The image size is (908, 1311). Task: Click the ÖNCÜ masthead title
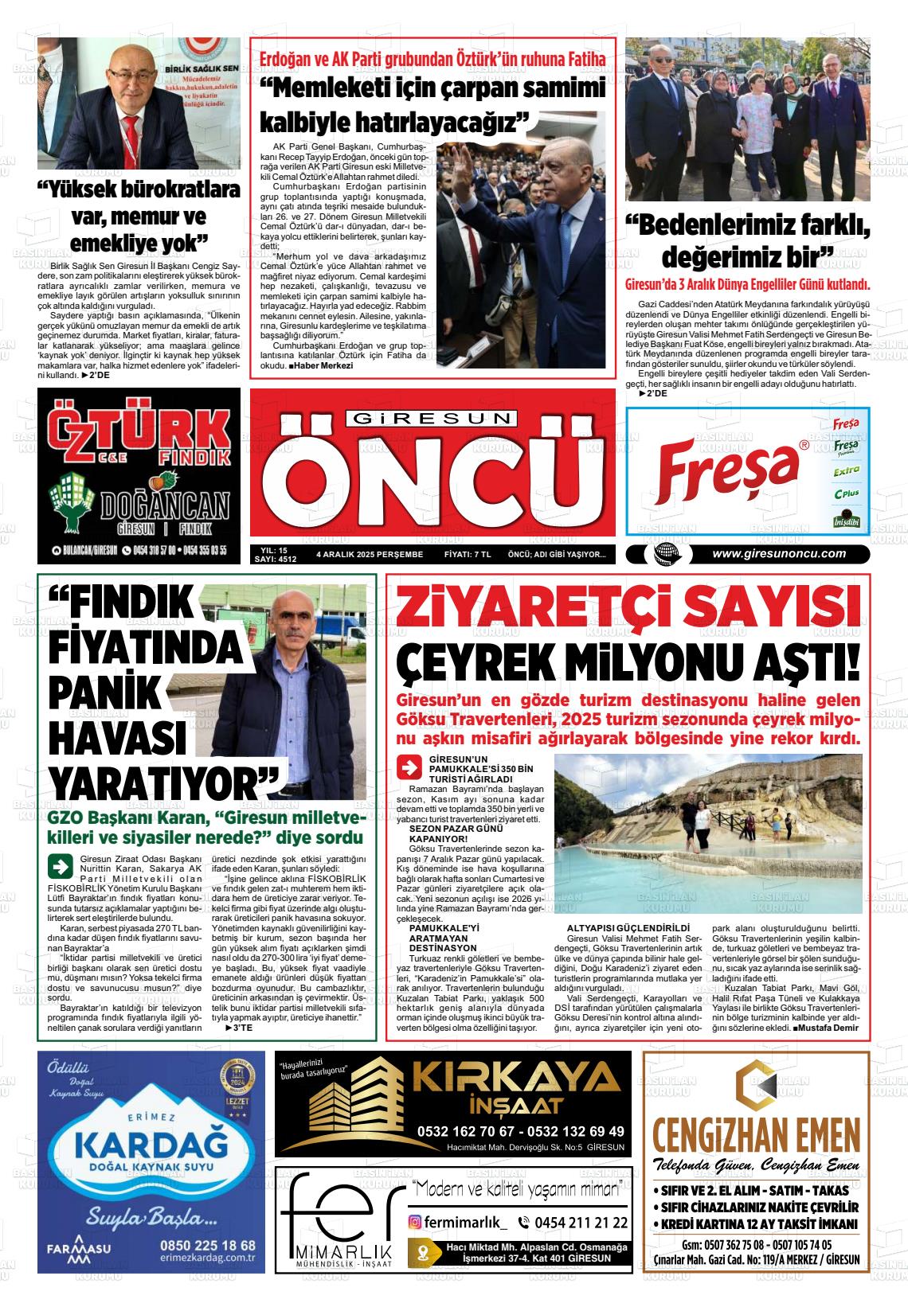[x=431, y=479]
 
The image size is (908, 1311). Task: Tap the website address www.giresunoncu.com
[x=778, y=554]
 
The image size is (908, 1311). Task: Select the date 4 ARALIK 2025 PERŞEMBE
[x=369, y=555]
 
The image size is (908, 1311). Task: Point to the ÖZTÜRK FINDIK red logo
[x=127, y=436]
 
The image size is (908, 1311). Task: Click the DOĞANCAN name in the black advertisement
[x=164, y=506]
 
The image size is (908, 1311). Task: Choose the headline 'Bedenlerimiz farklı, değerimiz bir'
[x=747, y=243]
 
